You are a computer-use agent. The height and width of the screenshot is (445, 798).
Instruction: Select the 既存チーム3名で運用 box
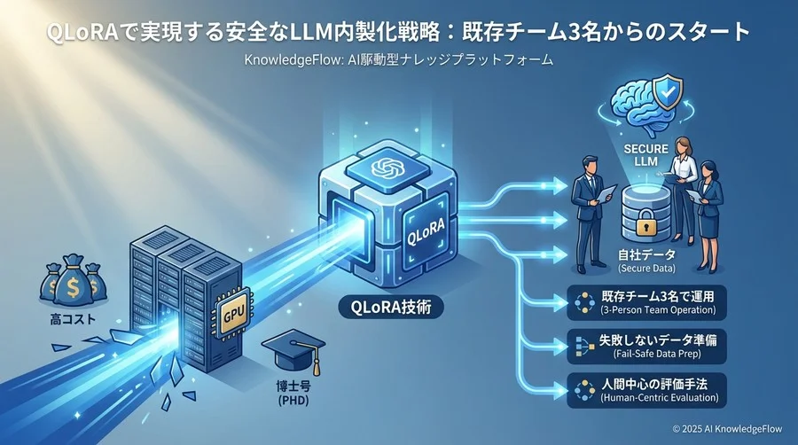(645, 302)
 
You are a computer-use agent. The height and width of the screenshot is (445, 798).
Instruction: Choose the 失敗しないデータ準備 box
(645, 345)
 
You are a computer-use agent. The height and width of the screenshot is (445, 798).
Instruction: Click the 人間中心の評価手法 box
(645, 389)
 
